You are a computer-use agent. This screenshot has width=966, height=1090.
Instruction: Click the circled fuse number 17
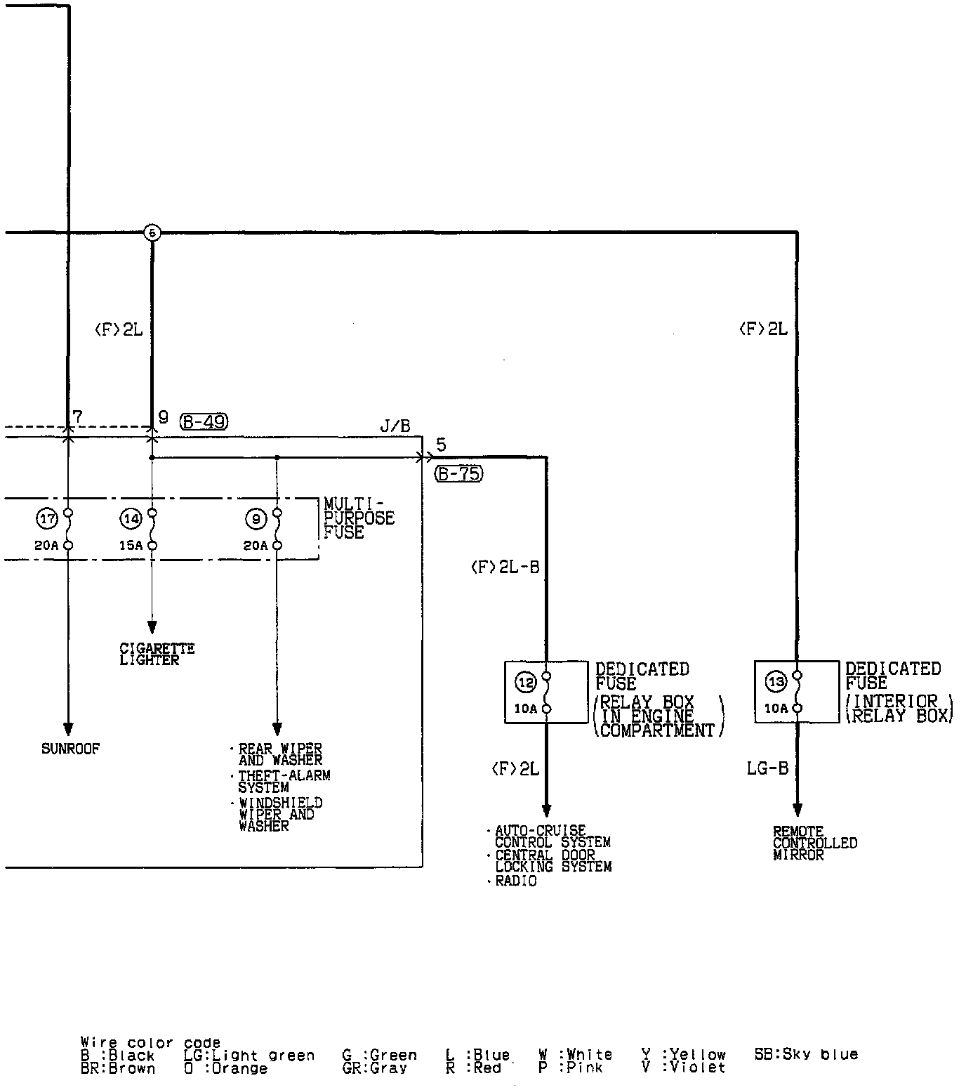point(47,520)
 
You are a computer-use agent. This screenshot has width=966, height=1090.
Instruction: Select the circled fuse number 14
point(131,520)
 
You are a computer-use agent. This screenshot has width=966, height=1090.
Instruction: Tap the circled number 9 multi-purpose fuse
point(256,520)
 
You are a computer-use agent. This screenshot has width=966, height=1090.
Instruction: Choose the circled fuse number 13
point(776,681)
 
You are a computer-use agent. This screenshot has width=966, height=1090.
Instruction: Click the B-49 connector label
point(204,421)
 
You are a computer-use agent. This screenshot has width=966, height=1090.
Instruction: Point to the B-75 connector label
point(459,474)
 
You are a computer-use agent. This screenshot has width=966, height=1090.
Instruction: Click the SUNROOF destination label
point(70,749)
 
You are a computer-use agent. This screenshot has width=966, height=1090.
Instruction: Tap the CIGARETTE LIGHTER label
point(157,654)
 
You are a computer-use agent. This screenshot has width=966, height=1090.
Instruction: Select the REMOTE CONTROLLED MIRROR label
point(814,843)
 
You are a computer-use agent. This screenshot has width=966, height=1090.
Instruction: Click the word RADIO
point(516,881)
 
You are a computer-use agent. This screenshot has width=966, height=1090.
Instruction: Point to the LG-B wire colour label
point(767,769)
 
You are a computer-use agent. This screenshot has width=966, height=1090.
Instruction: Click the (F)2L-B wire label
point(505,567)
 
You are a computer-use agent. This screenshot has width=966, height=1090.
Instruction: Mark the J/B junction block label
point(395,426)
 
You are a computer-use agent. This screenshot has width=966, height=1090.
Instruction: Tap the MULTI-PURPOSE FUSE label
point(359,518)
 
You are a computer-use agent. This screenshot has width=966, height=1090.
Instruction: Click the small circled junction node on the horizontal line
point(152,232)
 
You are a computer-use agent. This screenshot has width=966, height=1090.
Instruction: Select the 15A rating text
point(131,545)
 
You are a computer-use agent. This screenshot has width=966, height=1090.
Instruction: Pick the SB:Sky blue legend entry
point(806,1055)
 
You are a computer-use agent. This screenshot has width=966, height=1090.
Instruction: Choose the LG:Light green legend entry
point(249,1056)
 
